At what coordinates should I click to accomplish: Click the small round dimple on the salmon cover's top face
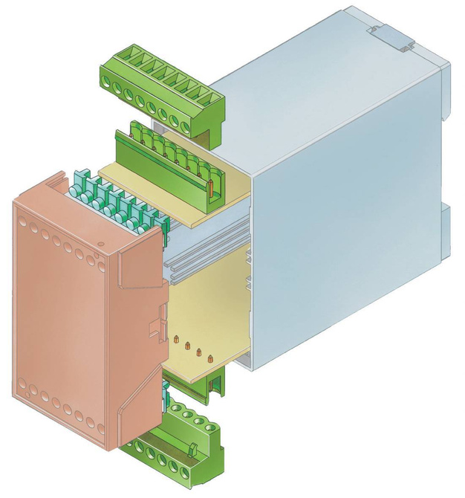click(99, 244)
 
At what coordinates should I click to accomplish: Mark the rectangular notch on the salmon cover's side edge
click(157, 327)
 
